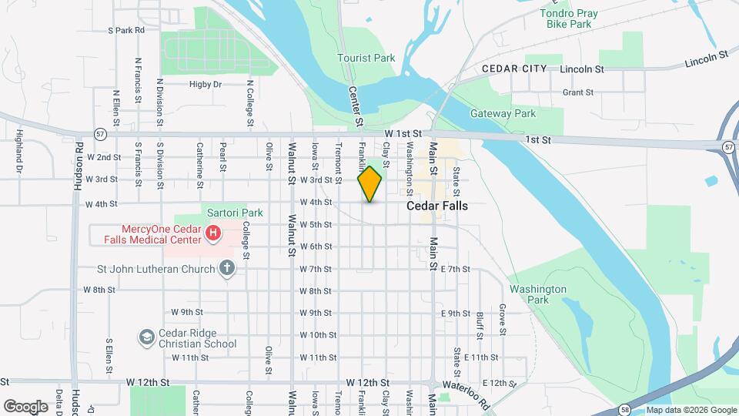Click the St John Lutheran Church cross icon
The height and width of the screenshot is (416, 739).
pyautogui.click(x=226, y=268)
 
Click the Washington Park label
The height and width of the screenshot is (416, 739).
pyautogui.click(x=537, y=294)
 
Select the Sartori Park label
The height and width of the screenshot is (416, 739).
pyautogui.click(x=235, y=213)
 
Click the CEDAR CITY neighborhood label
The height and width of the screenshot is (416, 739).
pyautogui.click(x=514, y=69)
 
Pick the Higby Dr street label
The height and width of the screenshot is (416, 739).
pyautogui.click(x=206, y=84)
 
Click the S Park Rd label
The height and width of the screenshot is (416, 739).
pyautogui.click(x=126, y=31)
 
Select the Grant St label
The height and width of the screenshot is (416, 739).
pyautogui.click(x=577, y=92)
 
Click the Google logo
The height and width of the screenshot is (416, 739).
pyautogui.click(x=25, y=406)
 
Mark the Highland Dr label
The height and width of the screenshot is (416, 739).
pyautogui.click(x=19, y=150)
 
